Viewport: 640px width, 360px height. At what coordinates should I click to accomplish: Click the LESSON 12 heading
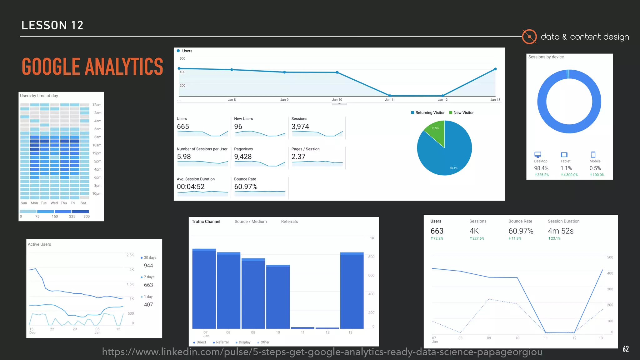pyautogui.click(x=52, y=25)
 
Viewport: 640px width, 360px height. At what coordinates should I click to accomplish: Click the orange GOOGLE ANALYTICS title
pyautogui.click(x=92, y=67)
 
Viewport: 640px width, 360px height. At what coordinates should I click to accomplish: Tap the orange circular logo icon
pyautogui.click(x=529, y=37)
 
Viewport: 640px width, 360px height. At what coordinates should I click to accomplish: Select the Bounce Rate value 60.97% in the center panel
pyautogui.click(x=246, y=187)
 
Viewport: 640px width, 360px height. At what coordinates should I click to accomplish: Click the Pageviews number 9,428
pyautogui.click(x=243, y=157)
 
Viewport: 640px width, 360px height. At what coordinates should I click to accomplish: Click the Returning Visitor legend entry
pyautogui.click(x=428, y=113)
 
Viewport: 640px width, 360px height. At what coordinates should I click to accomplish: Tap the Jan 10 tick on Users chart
pyautogui.click(x=337, y=100)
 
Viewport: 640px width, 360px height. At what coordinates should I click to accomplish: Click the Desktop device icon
pyautogui.click(x=537, y=155)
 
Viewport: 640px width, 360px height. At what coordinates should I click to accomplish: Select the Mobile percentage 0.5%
pyautogui.click(x=595, y=168)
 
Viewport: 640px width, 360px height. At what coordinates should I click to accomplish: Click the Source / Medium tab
pyautogui.click(x=251, y=222)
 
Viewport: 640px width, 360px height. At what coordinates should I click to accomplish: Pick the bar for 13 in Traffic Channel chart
pyautogui.click(x=352, y=291)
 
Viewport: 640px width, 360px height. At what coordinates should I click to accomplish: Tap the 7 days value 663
pyautogui.click(x=148, y=285)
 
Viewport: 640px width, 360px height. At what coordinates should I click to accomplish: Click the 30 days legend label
pyautogui.click(x=150, y=257)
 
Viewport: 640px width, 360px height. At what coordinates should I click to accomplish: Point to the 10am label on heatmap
pyautogui.click(x=97, y=145)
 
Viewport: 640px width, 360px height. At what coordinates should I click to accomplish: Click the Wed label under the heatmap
pyautogui.click(x=54, y=203)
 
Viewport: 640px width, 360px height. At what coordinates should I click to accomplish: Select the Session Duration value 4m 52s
pyautogui.click(x=561, y=231)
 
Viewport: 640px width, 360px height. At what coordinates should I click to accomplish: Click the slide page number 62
pyautogui.click(x=626, y=349)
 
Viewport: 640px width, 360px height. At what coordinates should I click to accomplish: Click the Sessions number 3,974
pyautogui.click(x=300, y=127)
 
